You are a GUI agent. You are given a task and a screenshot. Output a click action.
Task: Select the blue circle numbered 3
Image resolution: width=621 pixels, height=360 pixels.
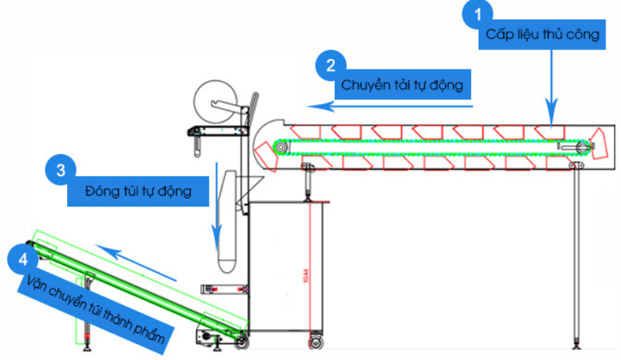point(61,170)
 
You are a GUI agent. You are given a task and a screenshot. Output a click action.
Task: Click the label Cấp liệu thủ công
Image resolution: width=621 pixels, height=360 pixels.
point(542,35)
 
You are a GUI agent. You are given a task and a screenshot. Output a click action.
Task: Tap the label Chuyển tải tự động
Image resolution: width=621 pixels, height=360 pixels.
point(402,85)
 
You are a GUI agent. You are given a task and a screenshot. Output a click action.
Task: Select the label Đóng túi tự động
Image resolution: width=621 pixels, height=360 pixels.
point(138,192)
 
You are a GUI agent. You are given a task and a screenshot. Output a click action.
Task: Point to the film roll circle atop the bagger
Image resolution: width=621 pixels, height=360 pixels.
point(215,100)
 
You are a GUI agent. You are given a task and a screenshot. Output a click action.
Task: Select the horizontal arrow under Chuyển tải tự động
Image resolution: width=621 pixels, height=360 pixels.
point(391,106)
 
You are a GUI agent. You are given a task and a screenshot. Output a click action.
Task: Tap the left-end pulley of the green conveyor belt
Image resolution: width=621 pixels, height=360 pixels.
point(280,146)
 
